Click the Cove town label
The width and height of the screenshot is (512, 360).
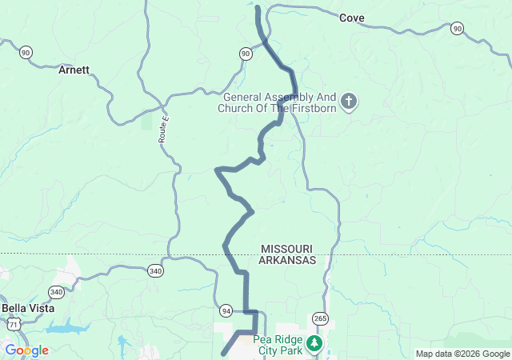(352, 18)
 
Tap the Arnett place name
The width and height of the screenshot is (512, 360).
(74, 70)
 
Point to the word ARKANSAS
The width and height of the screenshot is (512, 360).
(287, 261)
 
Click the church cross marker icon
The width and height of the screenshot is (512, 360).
(348, 102)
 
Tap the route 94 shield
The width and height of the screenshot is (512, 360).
(226, 310)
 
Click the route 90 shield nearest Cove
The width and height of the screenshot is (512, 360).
(457, 28)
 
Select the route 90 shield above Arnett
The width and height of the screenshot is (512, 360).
(26, 52)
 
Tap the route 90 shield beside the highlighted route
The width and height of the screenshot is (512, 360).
(245, 53)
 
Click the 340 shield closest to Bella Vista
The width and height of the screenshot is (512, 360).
(56, 292)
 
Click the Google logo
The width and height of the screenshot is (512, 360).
(26, 350)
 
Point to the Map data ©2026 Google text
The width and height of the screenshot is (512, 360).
(462, 354)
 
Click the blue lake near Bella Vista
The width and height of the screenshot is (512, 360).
(68, 328)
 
